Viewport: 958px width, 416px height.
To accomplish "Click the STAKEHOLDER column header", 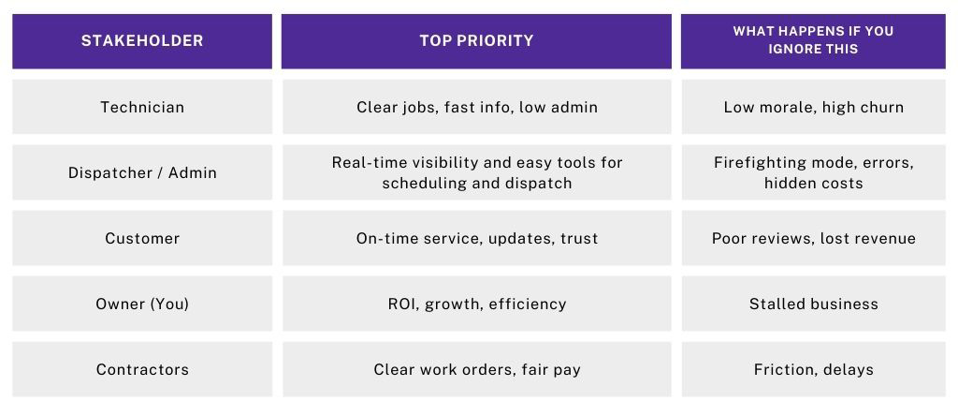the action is (142, 41).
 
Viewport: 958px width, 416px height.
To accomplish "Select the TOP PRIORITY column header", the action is (476, 41).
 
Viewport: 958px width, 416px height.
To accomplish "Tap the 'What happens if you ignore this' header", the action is (813, 41).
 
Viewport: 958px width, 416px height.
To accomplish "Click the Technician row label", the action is (142, 107).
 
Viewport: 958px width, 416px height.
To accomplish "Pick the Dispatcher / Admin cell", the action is (142, 172).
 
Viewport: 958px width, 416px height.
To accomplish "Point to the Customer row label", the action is (142, 238).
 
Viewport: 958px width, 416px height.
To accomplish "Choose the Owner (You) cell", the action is (142, 305).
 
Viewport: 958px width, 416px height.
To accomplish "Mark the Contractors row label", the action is (142, 369).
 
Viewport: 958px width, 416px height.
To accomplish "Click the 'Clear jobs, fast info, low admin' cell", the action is (476, 107).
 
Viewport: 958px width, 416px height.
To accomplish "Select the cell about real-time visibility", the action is (476, 172).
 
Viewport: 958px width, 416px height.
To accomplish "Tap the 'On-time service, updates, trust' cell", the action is (476, 238).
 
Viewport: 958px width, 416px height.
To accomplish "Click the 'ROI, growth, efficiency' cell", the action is (476, 305).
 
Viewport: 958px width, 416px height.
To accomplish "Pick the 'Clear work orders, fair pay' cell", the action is (476, 369).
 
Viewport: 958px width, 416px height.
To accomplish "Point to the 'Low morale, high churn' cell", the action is (814, 107).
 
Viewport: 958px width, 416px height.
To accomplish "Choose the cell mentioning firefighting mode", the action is (814, 172).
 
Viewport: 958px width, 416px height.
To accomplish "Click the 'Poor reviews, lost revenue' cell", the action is (814, 238).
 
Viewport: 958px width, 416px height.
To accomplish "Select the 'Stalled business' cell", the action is (814, 305).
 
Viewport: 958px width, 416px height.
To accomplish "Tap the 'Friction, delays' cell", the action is (814, 369).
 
